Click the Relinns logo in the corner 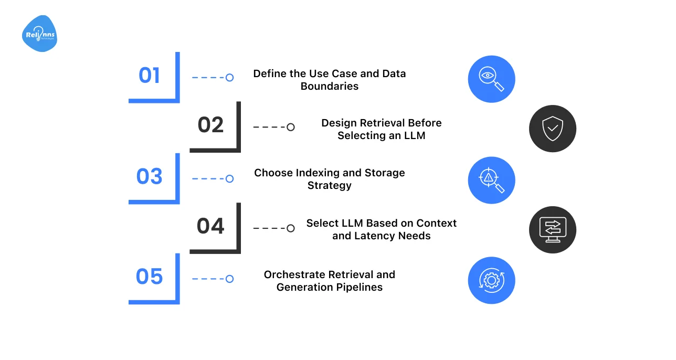click(40, 34)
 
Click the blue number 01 click(149, 76)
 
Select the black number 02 click(210, 125)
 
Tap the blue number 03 click(149, 177)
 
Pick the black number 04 click(210, 226)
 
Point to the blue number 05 click(149, 277)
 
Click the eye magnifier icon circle click(491, 79)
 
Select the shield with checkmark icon click(552, 129)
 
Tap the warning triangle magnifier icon click(491, 180)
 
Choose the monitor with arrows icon click(552, 230)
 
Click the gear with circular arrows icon click(491, 280)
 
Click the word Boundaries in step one click(329, 87)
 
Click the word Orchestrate click(294, 274)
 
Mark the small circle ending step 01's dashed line click(229, 78)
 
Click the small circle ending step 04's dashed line click(291, 228)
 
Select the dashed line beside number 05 click(208, 279)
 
